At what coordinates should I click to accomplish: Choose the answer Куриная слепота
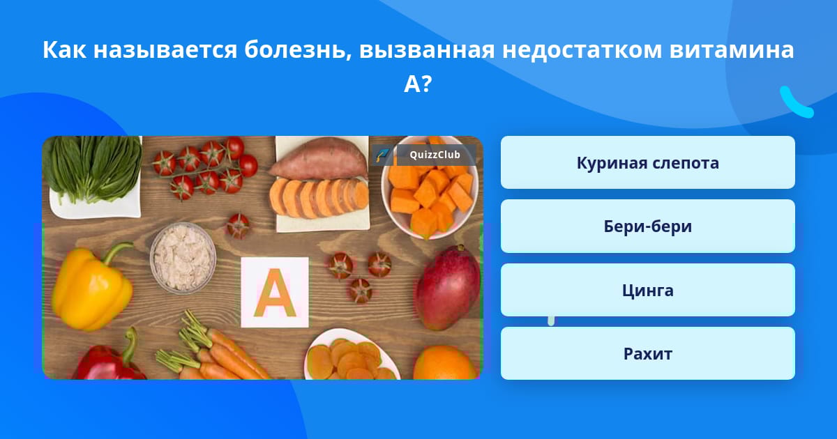click(647, 162)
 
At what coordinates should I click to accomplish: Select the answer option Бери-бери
click(647, 226)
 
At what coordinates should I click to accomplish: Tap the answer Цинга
click(647, 290)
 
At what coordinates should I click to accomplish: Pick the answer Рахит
click(647, 353)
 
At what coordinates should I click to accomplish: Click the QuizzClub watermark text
click(435, 155)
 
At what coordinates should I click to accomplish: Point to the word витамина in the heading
click(732, 49)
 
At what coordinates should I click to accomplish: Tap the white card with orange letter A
click(275, 292)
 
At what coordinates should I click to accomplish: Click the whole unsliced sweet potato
click(317, 159)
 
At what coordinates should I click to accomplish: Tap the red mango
click(448, 287)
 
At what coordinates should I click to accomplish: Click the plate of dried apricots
click(352, 357)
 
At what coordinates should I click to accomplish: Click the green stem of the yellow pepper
click(115, 252)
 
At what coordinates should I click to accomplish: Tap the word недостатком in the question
click(582, 49)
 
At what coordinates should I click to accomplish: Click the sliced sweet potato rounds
click(319, 198)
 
